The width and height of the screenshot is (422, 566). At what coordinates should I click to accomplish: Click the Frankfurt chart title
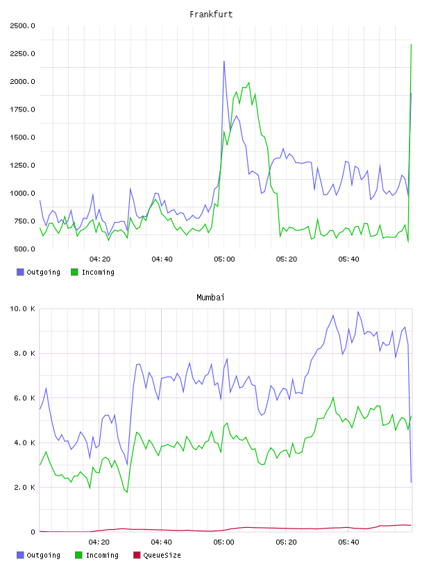[211, 14]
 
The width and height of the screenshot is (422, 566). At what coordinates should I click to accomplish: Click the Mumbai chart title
[210, 297]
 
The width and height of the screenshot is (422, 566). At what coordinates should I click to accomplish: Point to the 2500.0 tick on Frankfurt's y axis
[22, 26]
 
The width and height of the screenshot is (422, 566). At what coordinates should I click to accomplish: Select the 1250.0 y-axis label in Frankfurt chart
[22, 165]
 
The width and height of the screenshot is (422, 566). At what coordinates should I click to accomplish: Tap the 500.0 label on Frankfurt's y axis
[24, 249]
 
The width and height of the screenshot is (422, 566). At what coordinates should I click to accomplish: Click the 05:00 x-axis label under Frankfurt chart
[224, 259]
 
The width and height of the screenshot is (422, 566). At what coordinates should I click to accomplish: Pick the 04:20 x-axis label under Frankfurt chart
[100, 259]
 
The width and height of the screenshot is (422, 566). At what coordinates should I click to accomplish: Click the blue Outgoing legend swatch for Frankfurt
[20, 272]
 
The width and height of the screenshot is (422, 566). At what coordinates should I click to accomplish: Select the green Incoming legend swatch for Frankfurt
[74, 272]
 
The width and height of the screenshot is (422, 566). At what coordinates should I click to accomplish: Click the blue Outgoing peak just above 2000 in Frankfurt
[224, 61]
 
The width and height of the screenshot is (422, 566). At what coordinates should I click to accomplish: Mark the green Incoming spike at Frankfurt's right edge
[411, 45]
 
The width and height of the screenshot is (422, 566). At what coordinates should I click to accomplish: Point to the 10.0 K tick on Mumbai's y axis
[22, 309]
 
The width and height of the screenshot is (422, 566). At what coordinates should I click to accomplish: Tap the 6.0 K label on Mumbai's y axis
[24, 397]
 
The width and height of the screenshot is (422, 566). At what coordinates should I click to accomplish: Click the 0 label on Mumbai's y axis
[33, 532]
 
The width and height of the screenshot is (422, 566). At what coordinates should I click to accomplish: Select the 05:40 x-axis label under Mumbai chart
[348, 542]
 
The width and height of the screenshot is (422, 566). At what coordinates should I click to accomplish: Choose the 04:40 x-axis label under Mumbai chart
[161, 542]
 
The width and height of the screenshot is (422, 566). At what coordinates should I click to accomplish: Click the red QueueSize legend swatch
[137, 555]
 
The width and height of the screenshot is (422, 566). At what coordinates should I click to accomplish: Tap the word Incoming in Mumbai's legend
[102, 555]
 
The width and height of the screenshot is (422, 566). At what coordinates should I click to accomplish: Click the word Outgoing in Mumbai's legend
[43, 555]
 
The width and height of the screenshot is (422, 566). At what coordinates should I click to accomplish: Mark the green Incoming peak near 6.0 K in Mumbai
[333, 397]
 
